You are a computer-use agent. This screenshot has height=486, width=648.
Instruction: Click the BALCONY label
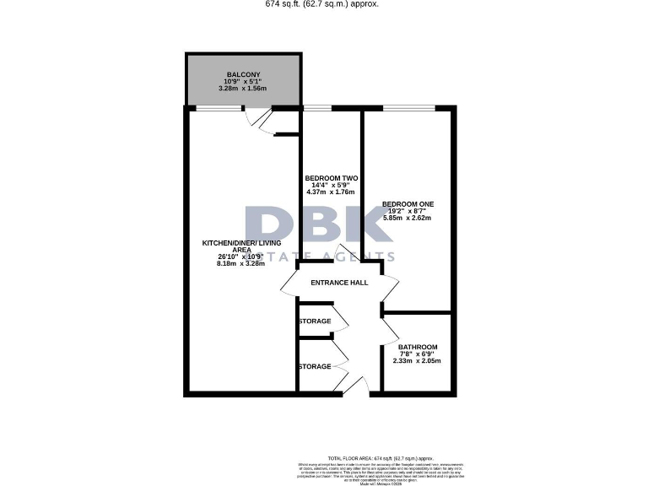click(242, 74)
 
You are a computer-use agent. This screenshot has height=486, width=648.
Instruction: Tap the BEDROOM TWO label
click(332, 178)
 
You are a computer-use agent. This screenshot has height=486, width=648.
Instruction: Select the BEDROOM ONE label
click(408, 204)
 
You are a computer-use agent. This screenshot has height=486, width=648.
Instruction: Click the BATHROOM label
click(418, 348)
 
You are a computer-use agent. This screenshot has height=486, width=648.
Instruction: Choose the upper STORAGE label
click(315, 321)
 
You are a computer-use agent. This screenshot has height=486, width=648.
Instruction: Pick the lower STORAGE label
click(315, 366)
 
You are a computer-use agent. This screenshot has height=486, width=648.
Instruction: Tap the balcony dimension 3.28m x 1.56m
click(242, 89)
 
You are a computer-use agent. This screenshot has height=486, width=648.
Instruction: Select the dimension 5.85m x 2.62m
click(408, 218)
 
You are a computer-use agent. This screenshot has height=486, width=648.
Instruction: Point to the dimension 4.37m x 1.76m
click(332, 192)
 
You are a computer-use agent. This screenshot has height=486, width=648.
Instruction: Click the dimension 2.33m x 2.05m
click(418, 361)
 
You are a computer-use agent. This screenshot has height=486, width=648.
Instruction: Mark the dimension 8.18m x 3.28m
click(240, 264)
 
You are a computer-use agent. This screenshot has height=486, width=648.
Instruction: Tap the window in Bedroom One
click(408, 108)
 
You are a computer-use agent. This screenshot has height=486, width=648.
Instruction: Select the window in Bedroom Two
click(317, 108)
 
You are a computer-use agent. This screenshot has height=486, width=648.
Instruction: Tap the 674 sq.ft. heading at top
click(322, 4)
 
